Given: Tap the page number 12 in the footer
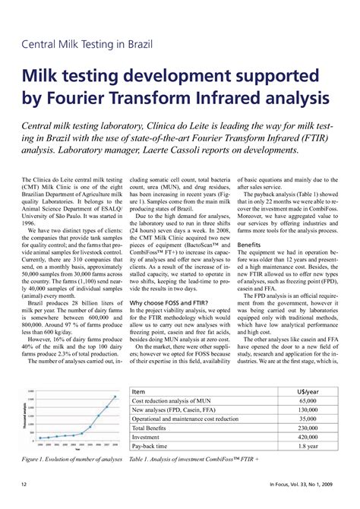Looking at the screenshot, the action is [24, 484].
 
